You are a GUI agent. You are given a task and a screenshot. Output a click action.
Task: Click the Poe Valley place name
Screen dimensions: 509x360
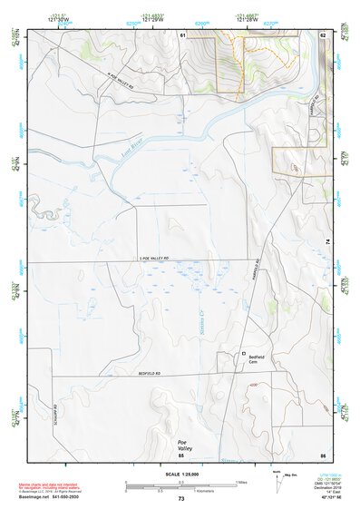(x=186, y=445)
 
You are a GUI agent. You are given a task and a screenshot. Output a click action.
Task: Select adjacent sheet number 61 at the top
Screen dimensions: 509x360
(x=182, y=34)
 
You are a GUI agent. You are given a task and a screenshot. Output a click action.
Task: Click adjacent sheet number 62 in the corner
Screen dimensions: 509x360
(x=322, y=34)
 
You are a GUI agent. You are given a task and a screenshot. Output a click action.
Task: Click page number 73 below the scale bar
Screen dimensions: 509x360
(x=180, y=500)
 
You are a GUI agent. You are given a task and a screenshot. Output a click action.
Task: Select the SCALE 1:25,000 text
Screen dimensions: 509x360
(x=180, y=474)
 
